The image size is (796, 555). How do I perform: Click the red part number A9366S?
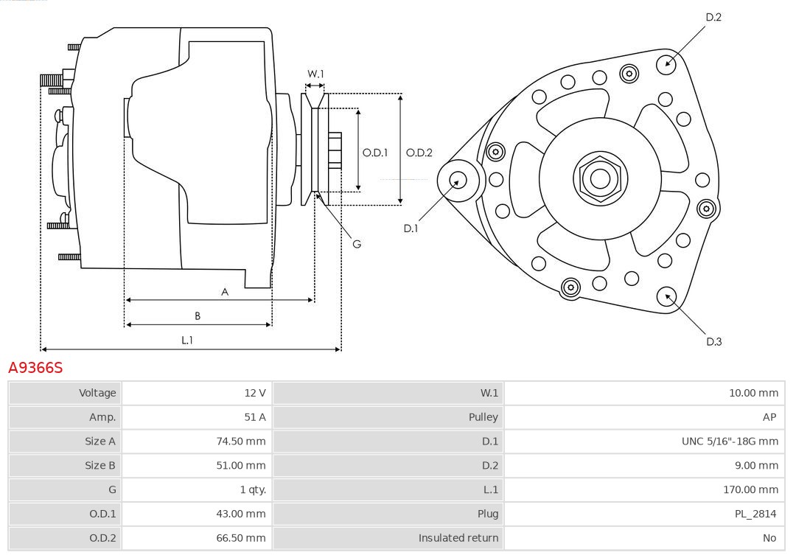35,367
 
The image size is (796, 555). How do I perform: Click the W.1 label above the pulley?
315,74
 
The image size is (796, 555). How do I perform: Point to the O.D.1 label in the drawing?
375,153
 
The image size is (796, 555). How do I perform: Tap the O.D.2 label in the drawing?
419,153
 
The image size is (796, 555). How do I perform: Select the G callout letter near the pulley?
357,244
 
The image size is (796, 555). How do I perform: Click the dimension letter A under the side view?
225,292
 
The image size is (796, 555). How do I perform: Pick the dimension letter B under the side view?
198,316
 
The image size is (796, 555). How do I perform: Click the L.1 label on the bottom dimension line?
187,340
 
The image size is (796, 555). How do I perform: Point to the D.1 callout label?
411,228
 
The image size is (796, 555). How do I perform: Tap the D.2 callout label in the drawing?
713,17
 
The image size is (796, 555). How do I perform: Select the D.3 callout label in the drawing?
713,341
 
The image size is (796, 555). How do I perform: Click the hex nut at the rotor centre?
600,178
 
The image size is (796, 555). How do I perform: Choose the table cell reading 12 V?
255,393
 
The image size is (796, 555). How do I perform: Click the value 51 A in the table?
255,417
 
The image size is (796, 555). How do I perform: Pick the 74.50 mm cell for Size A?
242,441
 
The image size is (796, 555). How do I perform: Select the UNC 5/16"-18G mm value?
730,441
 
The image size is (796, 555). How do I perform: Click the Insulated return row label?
458,538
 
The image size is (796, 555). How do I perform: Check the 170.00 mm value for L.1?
750,489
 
